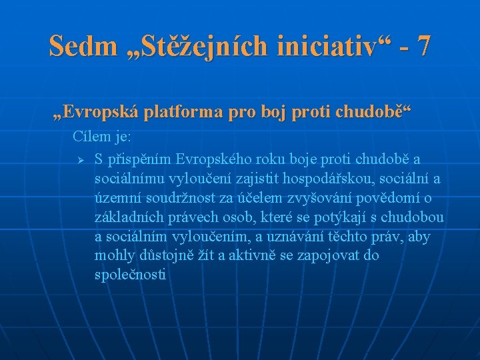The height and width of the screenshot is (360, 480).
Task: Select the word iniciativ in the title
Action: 322,46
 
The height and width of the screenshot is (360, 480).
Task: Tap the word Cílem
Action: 89,137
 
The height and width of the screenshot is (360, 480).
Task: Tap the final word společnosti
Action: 131,275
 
